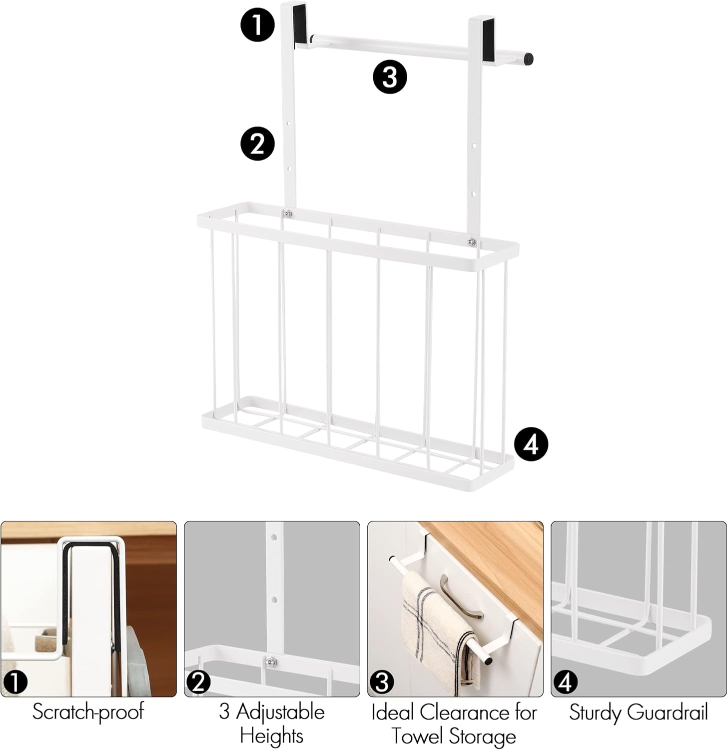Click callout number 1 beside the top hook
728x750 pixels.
point(257,24)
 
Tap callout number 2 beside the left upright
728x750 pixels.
point(257,143)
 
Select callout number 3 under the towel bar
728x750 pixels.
point(390,77)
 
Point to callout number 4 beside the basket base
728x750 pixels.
point(531,444)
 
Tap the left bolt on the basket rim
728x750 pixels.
point(286,214)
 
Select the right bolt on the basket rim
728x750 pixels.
point(471,242)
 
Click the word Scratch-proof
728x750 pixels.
point(88,711)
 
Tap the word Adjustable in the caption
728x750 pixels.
point(280,711)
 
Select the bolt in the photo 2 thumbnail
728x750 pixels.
point(271,662)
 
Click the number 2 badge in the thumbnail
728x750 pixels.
point(198,682)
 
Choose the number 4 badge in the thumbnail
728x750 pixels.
point(565,682)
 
